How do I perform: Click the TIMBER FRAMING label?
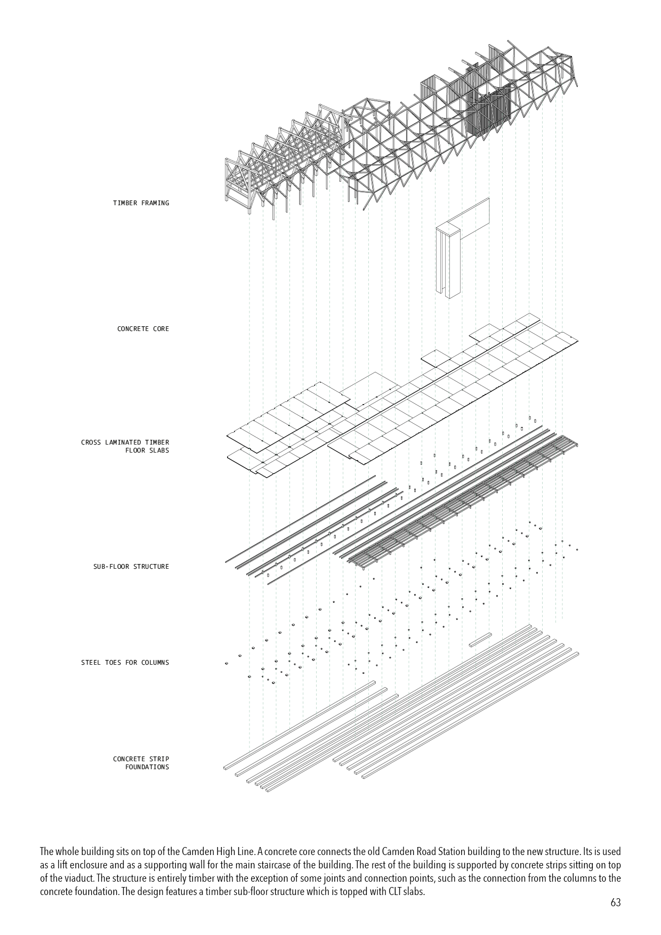coord(141,203)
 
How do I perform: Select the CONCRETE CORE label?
coord(143,329)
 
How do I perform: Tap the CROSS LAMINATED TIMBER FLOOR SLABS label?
coord(125,446)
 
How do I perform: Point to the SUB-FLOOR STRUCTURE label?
coord(131,567)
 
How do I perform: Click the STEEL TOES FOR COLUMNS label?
coord(125,663)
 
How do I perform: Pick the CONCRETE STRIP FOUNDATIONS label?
coord(141,763)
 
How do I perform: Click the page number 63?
coord(616,903)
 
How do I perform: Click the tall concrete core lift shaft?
coord(447,261)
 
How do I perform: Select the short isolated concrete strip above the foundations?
coord(480,640)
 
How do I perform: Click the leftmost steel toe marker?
coord(227,663)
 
